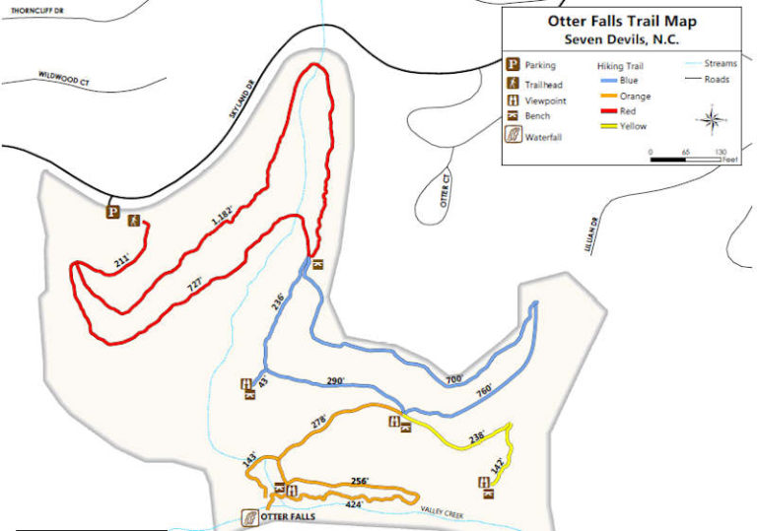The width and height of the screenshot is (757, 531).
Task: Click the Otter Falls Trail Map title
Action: pyautogui.click(x=621, y=21)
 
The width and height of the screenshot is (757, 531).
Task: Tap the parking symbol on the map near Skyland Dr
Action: pyautogui.click(x=113, y=211)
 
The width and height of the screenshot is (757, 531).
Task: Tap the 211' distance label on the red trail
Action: pyautogui.click(x=121, y=261)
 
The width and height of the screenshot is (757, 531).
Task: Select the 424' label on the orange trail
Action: pyautogui.click(x=355, y=504)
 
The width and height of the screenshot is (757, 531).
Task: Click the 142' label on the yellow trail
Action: pyautogui.click(x=499, y=462)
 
